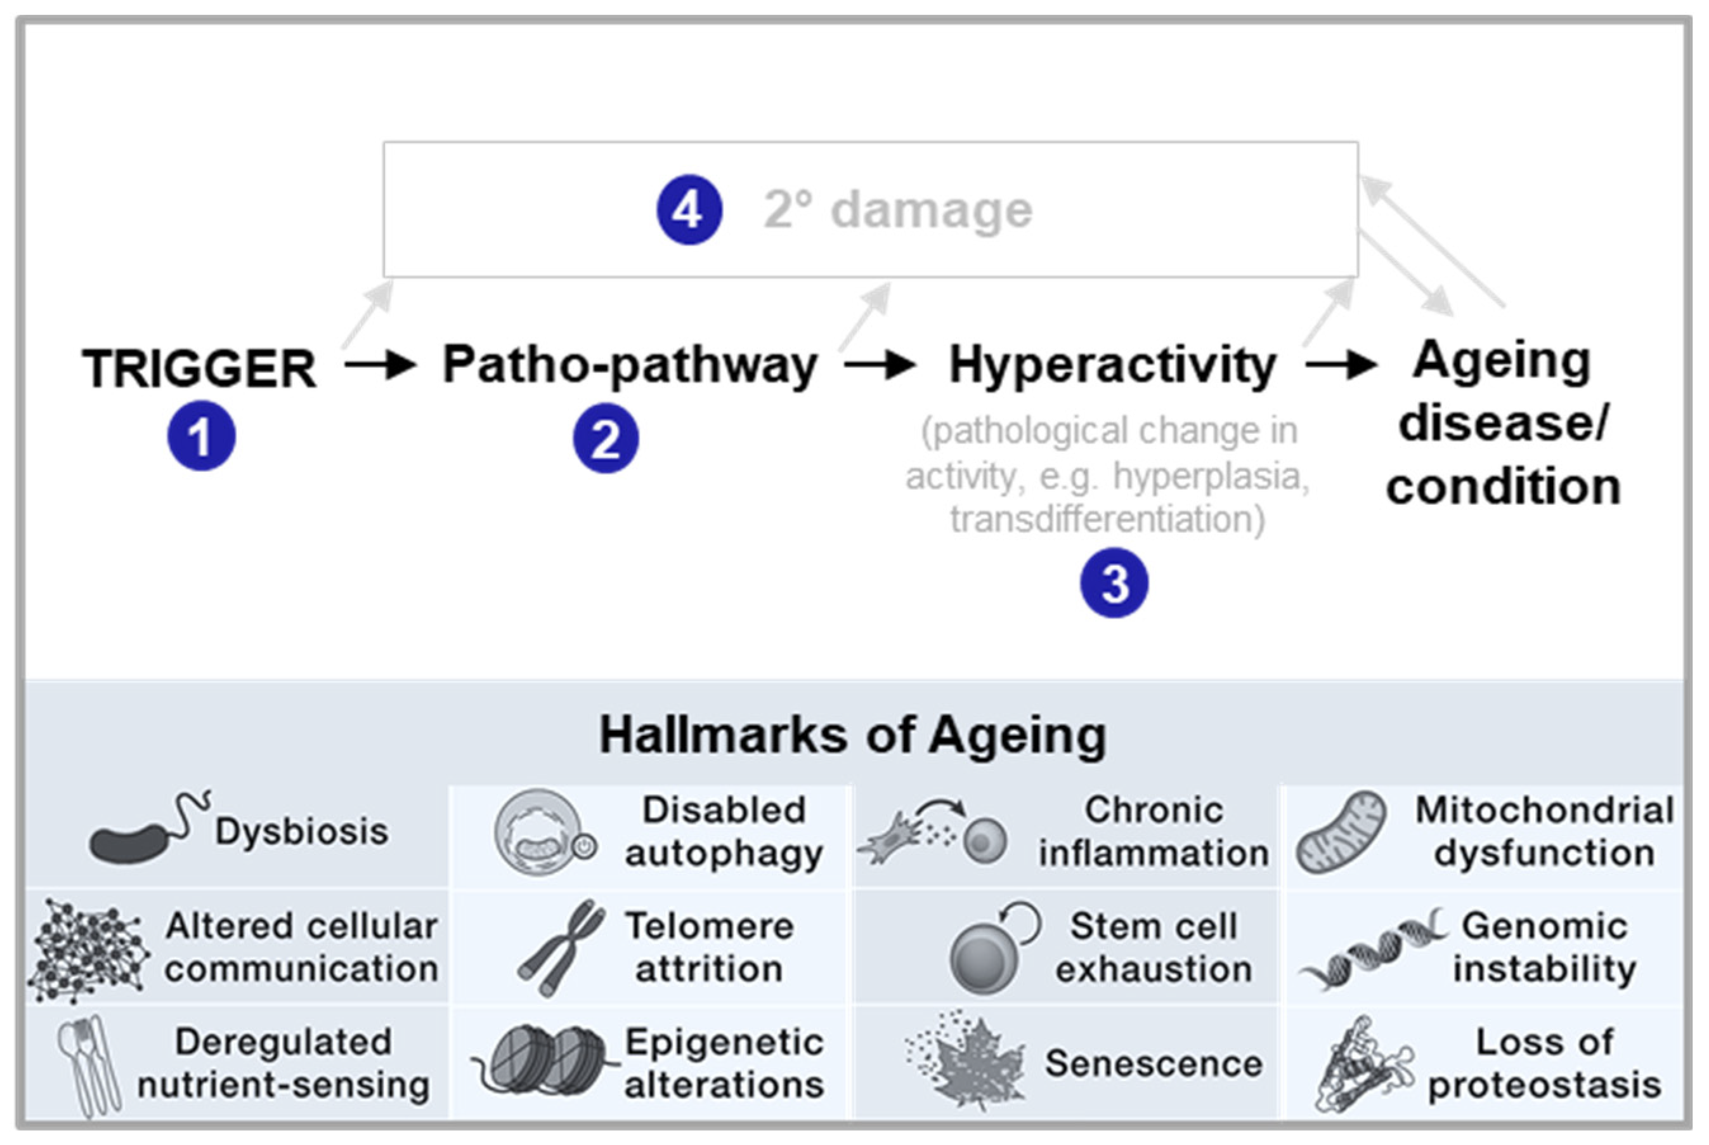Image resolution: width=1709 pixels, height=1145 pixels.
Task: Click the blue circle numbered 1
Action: [x=201, y=436]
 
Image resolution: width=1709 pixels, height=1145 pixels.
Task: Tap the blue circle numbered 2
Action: [x=605, y=438]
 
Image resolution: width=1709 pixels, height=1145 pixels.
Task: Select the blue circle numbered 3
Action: [x=1114, y=584]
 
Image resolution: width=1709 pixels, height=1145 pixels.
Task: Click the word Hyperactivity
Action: [x=1112, y=365]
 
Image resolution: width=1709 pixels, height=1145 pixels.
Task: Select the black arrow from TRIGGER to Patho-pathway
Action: [x=380, y=363]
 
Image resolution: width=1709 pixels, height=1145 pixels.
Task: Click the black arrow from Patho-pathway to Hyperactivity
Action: [x=880, y=363]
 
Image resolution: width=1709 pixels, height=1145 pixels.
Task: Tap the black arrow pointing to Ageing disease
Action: [x=1341, y=363]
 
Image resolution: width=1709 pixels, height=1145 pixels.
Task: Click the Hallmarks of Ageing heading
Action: [x=853, y=735]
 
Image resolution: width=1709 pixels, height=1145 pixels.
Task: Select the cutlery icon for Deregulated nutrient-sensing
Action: [x=89, y=1064]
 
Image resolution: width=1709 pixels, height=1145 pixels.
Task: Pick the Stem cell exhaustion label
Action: [x=1153, y=948]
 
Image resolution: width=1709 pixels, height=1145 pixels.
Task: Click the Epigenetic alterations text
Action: [x=724, y=1063]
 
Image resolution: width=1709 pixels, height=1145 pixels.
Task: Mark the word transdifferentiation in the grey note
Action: [x=1107, y=520]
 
